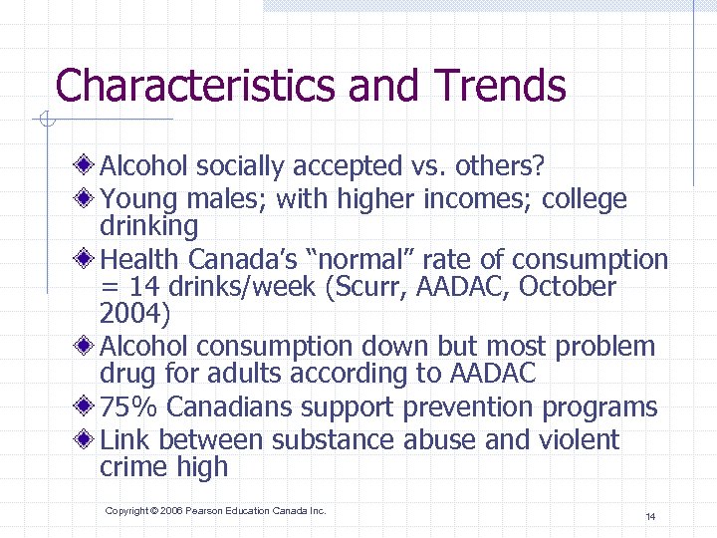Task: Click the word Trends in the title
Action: [500, 86]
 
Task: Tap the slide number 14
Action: [649, 516]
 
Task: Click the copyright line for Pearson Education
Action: [215, 511]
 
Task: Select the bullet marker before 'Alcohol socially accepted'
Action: [89, 163]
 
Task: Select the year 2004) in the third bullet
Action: [135, 315]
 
